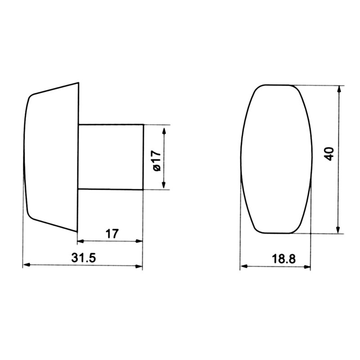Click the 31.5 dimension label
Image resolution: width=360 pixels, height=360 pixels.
click(83, 258)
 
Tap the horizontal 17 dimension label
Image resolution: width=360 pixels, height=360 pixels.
click(112, 234)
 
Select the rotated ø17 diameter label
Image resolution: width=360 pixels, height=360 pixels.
click(157, 161)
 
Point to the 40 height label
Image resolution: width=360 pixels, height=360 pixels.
click(329, 154)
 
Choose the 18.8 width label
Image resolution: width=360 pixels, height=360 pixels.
click(284, 259)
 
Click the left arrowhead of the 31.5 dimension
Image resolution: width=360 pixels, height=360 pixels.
click(27, 265)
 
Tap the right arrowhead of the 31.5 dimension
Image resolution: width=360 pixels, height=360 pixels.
click(139, 266)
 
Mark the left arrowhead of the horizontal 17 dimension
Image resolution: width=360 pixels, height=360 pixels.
click(81, 241)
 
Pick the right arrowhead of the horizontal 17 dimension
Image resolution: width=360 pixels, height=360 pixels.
click(139, 241)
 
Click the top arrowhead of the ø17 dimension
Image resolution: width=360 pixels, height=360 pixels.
click(164, 131)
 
